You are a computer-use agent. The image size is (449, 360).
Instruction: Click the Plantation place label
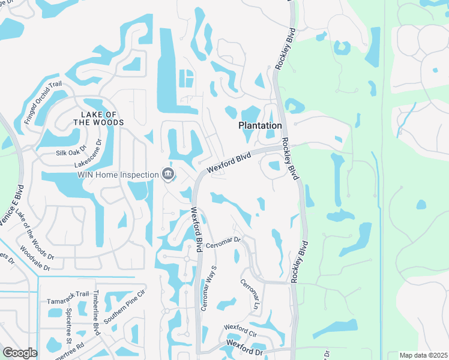click(x=260, y=126)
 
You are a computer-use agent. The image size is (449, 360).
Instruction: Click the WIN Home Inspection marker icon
click(x=167, y=175)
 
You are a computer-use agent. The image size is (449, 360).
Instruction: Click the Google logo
click(x=20, y=352)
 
